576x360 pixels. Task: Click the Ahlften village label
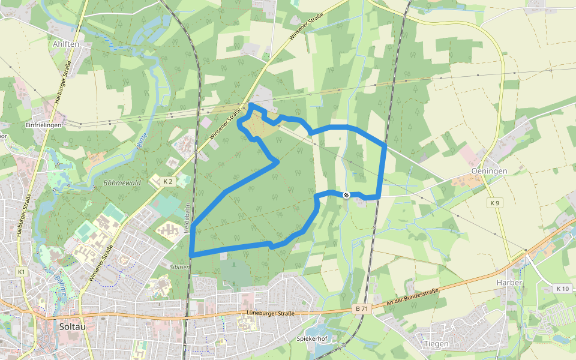65,44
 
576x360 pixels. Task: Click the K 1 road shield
22,272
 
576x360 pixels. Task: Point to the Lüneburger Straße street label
271,313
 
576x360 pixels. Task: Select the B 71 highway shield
361,308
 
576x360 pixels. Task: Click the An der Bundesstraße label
413,298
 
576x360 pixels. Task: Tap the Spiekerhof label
311,338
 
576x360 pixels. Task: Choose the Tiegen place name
436,344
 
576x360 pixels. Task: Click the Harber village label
509,282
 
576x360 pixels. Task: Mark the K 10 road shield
562,289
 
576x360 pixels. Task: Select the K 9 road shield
494,203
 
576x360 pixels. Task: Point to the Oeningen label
489,171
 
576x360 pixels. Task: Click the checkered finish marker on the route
346,194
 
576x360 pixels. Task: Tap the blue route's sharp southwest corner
191,255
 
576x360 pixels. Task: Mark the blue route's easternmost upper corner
384,145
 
